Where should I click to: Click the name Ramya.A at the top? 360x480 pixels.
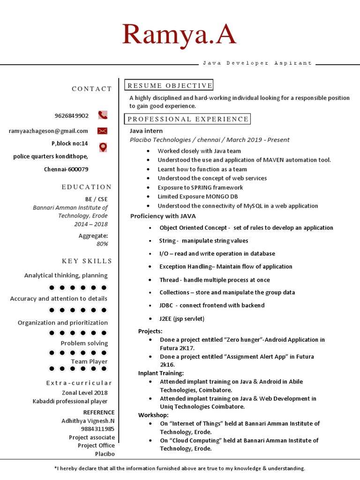pyautogui.click(x=179, y=36)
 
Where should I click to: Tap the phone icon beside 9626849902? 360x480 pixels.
pyautogui.click(x=103, y=115)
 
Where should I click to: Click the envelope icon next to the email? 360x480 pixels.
pyautogui.click(x=103, y=131)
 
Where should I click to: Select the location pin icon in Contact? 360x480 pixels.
pyautogui.click(x=103, y=147)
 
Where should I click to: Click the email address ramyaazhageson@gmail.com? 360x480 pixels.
pyautogui.click(x=48, y=131)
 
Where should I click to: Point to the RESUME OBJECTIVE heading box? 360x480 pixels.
pyautogui.click(x=169, y=85)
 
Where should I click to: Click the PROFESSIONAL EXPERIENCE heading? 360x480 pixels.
pyautogui.click(x=187, y=119)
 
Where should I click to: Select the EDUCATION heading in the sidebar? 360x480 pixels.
pyautogui.click(x=87, y=187)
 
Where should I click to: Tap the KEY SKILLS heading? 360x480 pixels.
pyautogui.click(x=87, y=261)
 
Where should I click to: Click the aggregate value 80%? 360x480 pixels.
pyautogui.click(x=102, y=244)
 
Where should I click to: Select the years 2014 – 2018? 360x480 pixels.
pyautogui.click(x=90, y=224)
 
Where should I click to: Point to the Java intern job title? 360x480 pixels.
pyautogui.click(x=146, y=131)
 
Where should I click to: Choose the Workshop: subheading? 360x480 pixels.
pyautogui.click(x=153, y=415)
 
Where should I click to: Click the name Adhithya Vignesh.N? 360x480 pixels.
pyautogui.click(x=88, y=421)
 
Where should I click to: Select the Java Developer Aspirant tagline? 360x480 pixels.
pyautogui.click(x=257, y=63)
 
